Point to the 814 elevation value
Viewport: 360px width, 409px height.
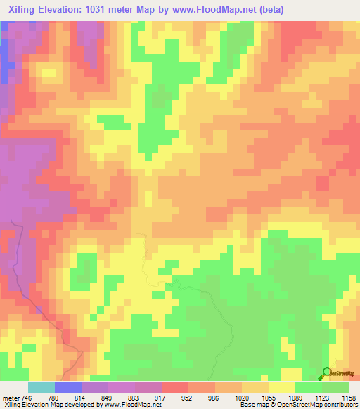[82, 398]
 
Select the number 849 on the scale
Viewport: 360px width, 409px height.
[108, 398]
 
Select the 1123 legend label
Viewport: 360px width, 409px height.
[322, 398]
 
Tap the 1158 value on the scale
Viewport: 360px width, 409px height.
[348, 398]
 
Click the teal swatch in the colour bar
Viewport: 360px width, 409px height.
[41, 387]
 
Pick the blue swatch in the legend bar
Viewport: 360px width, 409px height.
[68, 387]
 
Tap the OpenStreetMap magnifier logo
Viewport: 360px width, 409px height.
[328, 374]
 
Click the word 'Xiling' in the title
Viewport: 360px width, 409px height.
[22, 9]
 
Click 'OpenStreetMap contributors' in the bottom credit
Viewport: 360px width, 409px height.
[320, 405]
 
